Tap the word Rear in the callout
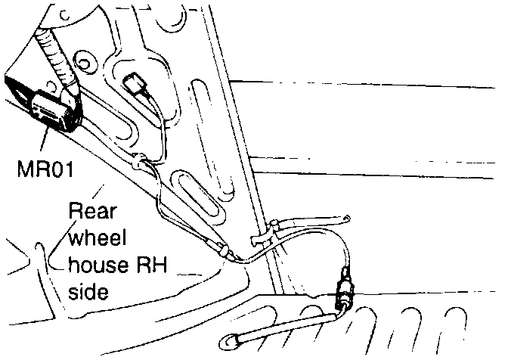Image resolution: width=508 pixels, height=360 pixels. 88,211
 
